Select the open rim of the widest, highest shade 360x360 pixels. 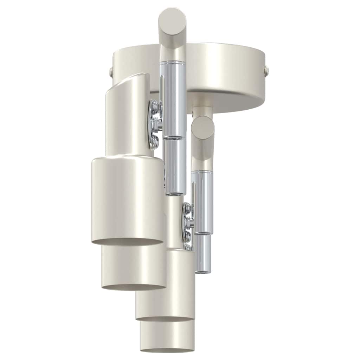(x=127, y=242)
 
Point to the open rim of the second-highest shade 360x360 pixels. (x=134, y=287)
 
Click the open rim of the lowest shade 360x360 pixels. (x=167, y=350)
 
